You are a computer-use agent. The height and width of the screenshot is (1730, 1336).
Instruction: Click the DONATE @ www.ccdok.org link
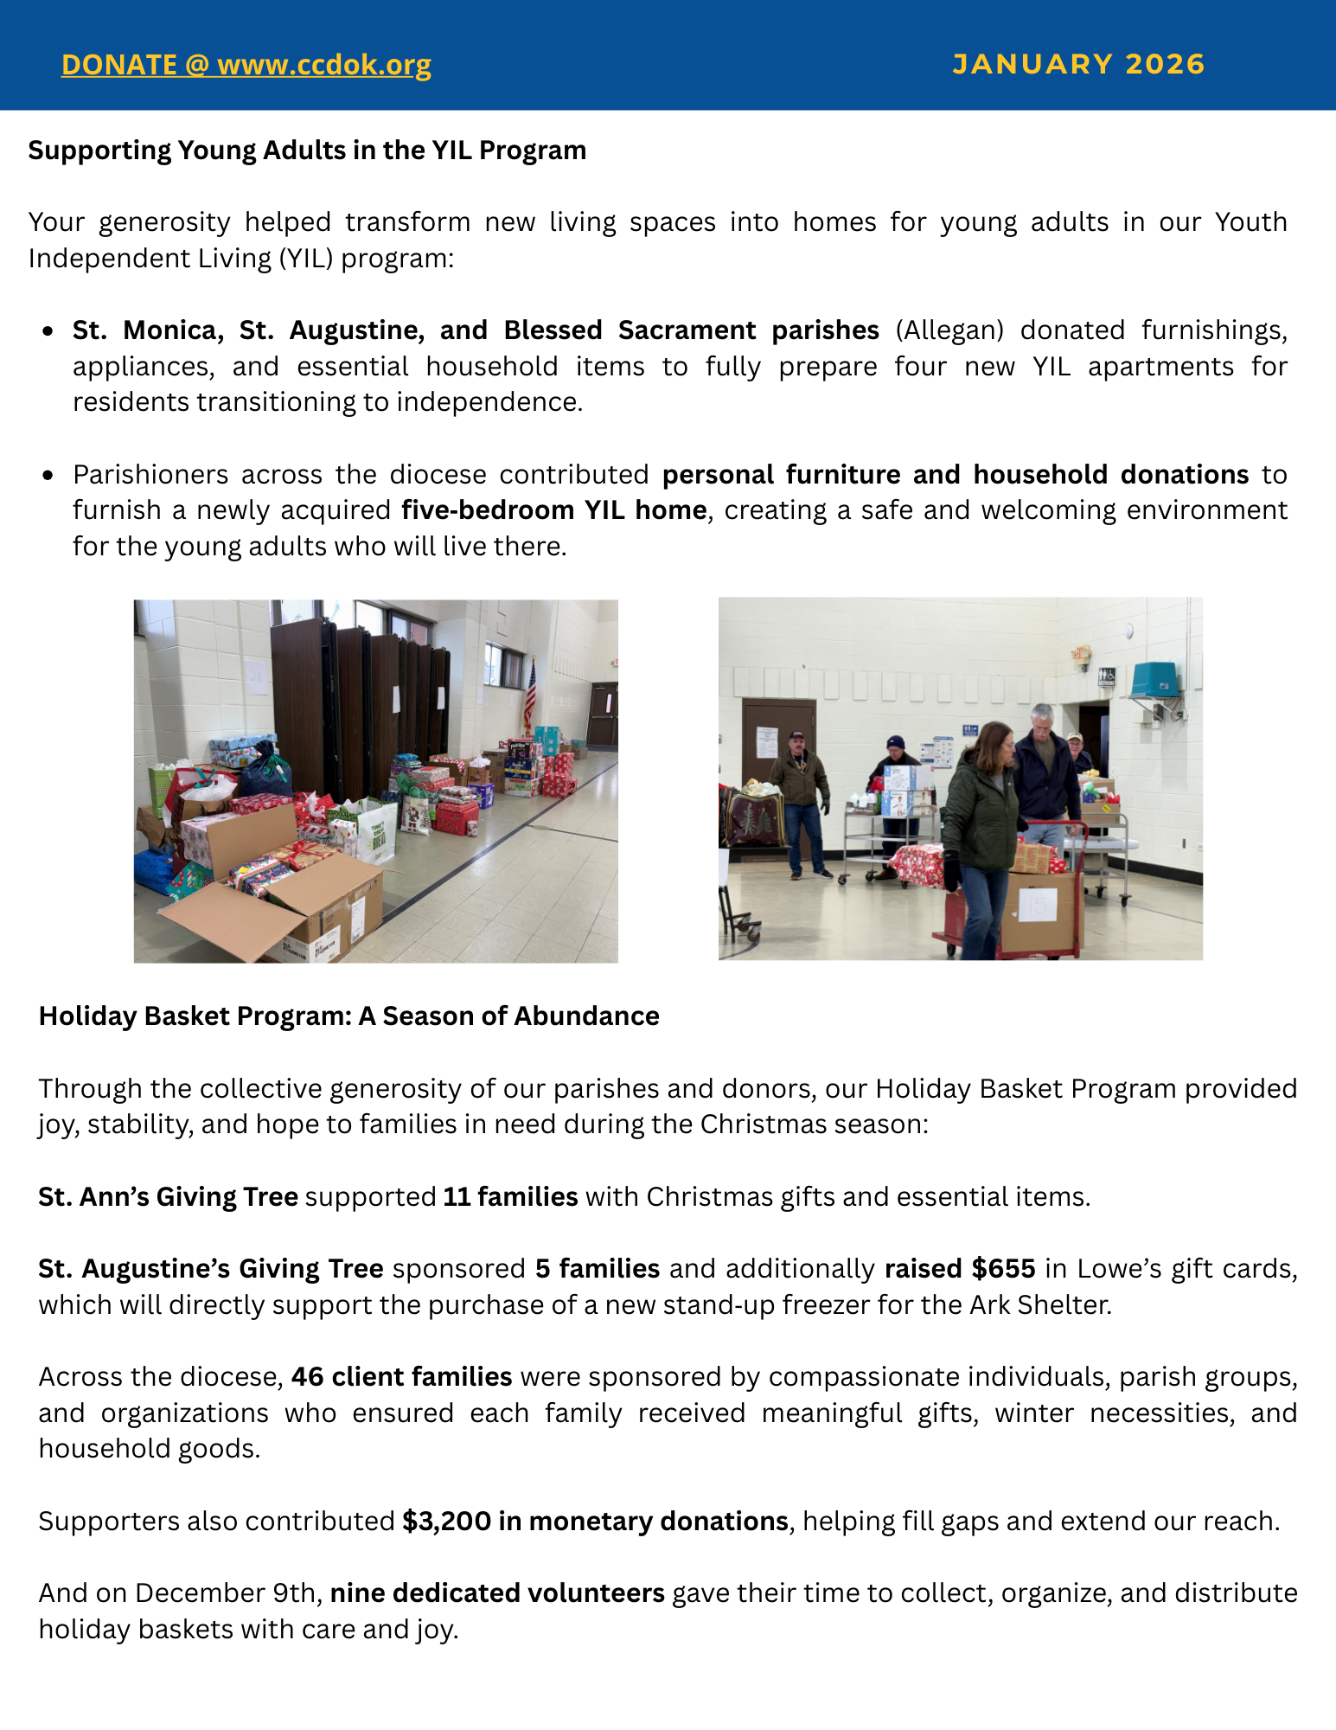tap(246, 65)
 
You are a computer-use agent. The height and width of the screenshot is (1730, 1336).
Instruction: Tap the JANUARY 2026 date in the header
tap(1078, 64)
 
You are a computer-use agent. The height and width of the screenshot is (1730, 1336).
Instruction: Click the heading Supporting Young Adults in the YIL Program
tap(307, 151)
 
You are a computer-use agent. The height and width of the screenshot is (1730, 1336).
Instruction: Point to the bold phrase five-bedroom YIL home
tap(554, 510)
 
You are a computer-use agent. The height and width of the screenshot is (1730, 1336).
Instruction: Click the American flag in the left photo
tap(530, 697)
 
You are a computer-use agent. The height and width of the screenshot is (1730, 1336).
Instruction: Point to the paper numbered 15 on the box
tap(1038, 905)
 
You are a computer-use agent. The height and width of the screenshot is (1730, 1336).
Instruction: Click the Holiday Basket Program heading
tap(348, 1016)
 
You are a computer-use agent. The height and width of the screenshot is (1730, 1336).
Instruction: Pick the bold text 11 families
tap(510, 1196)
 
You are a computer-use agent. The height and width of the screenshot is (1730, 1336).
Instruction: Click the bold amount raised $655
tap(960, 1268)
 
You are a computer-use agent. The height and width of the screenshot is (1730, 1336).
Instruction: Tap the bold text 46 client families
tap(402, 1376)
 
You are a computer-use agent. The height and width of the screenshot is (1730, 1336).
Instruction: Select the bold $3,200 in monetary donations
tap(595, 1521)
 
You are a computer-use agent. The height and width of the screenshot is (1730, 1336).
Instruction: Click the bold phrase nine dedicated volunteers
tap(497, 1592)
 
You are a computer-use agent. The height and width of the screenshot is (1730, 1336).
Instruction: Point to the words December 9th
tap(228, 1592)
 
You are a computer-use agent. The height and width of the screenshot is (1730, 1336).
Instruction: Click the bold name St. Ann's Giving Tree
tap(168, 1196)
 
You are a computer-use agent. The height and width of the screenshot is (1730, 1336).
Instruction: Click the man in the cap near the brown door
tap(800, 783)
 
